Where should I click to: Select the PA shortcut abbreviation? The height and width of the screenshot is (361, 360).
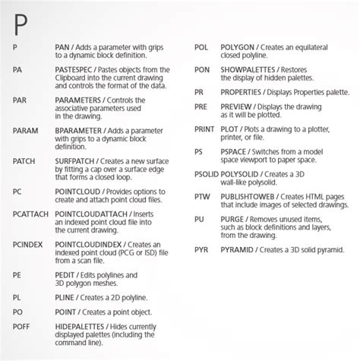tap(18, 69)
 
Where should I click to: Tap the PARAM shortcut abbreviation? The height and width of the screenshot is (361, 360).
tap(26, 131)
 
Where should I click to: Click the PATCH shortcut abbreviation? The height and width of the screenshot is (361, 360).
tap(26, 162)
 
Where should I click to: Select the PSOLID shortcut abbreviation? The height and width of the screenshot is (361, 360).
tap(209, 175)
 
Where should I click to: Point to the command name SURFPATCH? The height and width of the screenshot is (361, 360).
tap(79, 162)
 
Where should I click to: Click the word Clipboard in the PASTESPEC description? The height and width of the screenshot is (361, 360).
tap(73, 78)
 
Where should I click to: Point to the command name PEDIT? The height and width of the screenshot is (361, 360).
tap(68, 277)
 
